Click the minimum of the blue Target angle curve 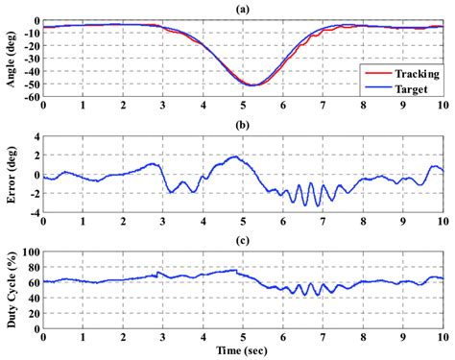tap(251, 85)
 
